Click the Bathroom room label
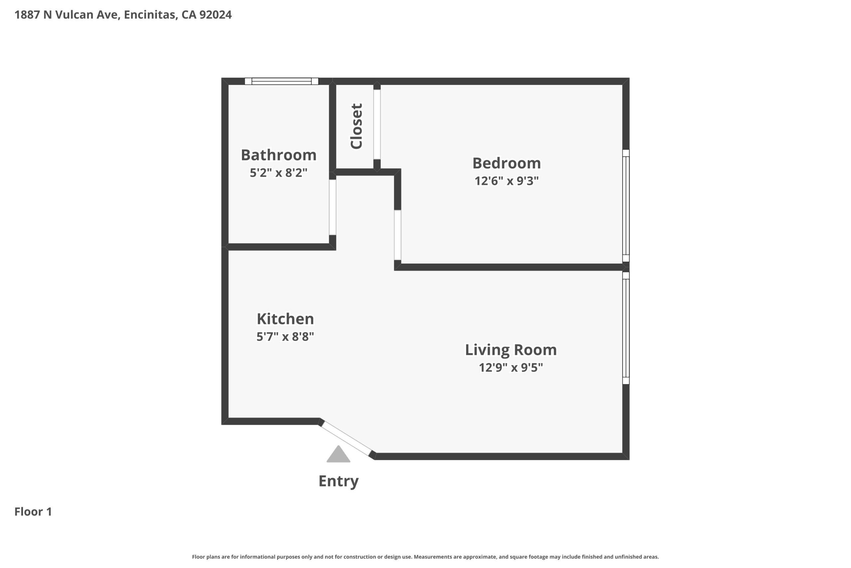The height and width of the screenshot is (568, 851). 279,155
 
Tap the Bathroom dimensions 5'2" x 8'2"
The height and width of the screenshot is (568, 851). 279,172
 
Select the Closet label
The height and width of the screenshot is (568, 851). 356,126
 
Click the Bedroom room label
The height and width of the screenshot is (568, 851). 507,163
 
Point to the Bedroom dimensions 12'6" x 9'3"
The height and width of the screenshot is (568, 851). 507,180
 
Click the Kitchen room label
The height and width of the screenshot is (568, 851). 285,319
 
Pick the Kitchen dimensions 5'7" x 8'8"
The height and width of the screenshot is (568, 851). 285,336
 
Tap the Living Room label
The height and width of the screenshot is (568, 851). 511,350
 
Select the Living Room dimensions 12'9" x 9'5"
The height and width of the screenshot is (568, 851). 511,367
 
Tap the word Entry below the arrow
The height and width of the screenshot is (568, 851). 338,481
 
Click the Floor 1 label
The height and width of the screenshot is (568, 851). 33,511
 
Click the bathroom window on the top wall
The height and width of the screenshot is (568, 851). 282,81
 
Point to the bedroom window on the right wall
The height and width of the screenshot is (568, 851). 626,206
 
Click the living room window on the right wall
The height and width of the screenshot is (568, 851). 626,328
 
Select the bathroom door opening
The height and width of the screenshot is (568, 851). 332,208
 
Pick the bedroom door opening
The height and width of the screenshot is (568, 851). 398,235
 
